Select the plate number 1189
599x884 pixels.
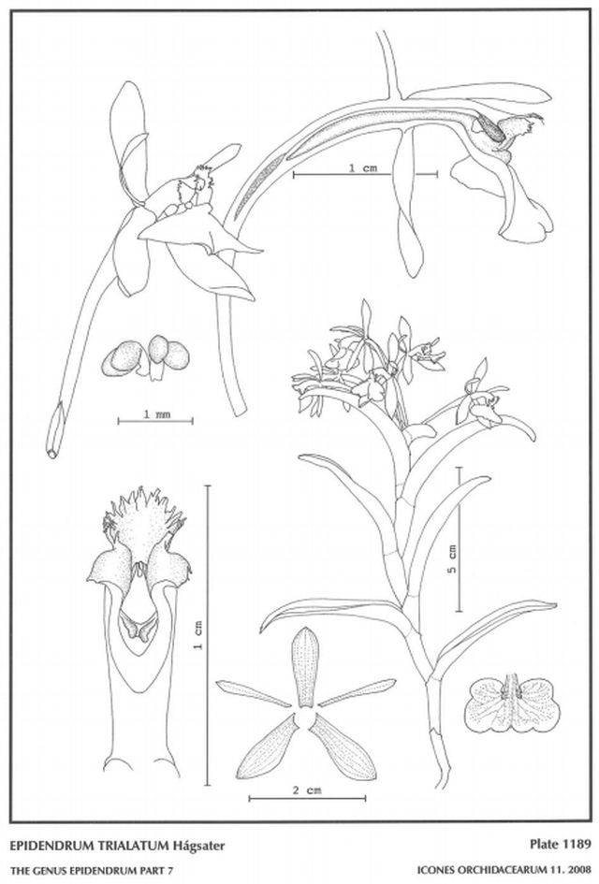point(577,844)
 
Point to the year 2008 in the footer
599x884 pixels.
point(579,871)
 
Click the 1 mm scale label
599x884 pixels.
point(156,414)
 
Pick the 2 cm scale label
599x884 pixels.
point(307,790)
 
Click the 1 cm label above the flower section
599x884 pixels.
point(362,168)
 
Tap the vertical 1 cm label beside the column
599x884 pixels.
point(198,635)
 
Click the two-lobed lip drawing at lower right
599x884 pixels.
point(513,704)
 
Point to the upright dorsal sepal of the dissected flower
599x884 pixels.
point(305,666)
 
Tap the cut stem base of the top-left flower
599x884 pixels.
point(53,439)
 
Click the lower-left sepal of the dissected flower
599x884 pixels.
point(268,748)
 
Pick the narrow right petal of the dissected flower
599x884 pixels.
point(357,692)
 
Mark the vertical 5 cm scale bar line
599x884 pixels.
point(460,540)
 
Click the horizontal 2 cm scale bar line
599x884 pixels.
point(307,798)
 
